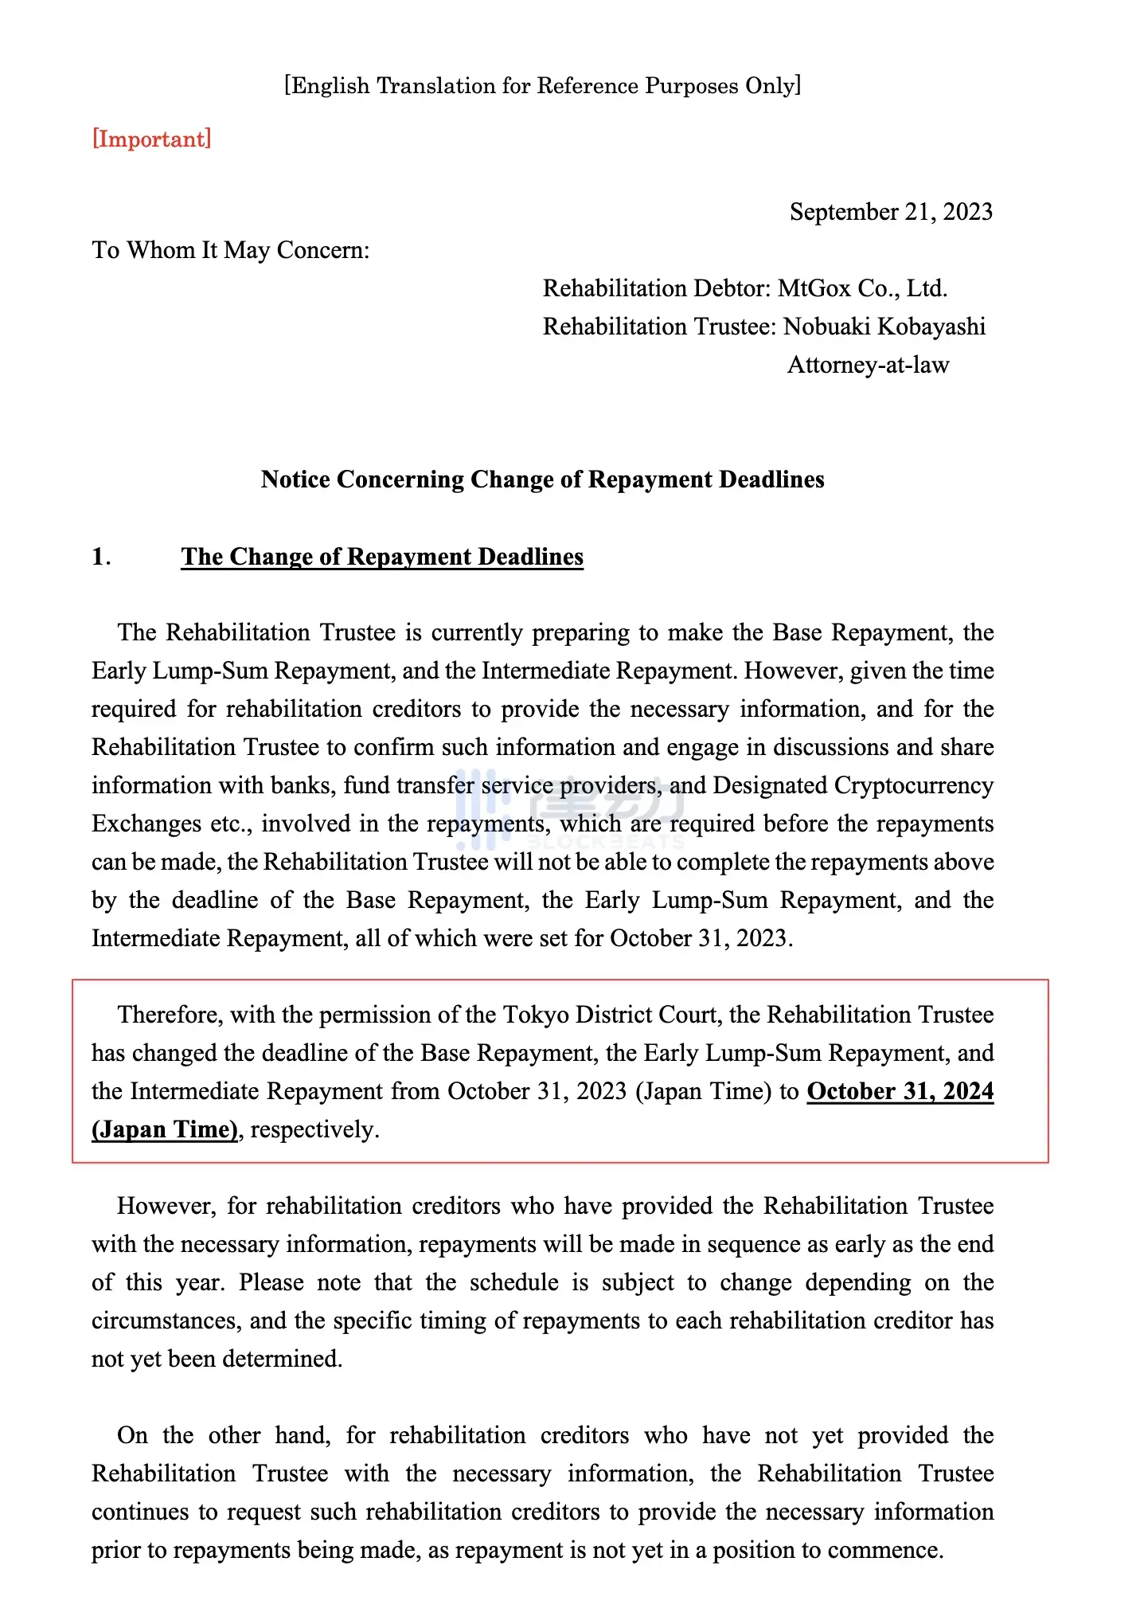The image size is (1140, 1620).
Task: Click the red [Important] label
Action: pos(152,139)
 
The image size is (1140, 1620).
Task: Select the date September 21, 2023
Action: pos(891,212)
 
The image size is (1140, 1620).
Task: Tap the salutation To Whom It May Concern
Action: pos(231,250)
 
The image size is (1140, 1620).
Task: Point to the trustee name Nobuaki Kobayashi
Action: pos(884,327)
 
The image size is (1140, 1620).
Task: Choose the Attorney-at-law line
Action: pos(868,365)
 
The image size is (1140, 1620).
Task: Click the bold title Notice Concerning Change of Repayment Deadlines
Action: pos(542,479)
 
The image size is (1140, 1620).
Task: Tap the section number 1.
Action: pos(100,557)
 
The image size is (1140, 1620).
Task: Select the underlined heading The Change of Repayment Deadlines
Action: pos(382,557)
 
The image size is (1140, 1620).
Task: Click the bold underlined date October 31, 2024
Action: pos(900,1091)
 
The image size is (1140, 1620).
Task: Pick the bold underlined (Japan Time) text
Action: pos(165,1129)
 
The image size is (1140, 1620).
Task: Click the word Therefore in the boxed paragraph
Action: pos(170,1015)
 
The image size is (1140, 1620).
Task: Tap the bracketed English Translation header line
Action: pos(542,86)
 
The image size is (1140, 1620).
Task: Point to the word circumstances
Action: pos(166,1321)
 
